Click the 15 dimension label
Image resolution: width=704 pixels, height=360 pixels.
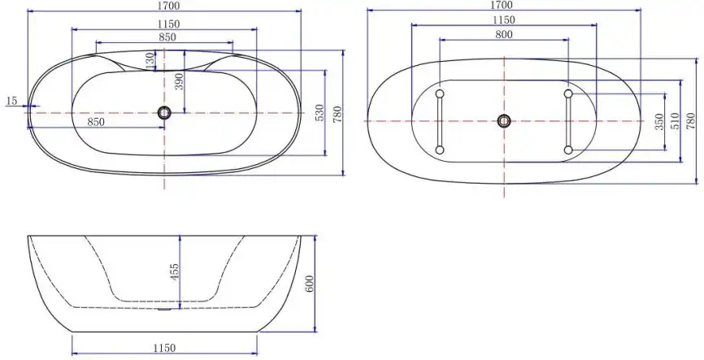pyautogui.click(x=11, y=101)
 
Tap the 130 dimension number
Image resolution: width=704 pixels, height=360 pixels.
pyautogui.click(x=150, y=61)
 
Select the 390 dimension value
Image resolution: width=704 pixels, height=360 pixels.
pyautogui.click(x=180, y=81)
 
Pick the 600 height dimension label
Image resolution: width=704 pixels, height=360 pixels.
pyautogui.click(x=309, y=284)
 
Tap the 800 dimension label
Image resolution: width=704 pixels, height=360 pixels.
pyautogui.click(x=503, y=34)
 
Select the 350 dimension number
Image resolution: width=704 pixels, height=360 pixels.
pyautogui.click(x=659, y=123)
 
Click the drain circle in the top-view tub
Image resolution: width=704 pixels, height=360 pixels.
pyautogui.click(x=164, y=113)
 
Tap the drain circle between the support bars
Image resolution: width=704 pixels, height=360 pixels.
pyautogui.click(x=504, y=121)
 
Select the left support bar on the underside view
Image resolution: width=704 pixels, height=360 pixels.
pyautogui.click(x=440, y=120)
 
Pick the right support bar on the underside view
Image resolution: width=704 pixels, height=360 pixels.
pyautogui.click(x=568, y=121)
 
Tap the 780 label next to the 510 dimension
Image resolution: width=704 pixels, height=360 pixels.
pyautogui.click(x=691, y=121)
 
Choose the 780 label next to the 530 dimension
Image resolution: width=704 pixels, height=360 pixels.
pyautogui.click(x=337, y=114)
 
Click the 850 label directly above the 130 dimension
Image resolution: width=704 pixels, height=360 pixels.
pyautogui.click(x=167, y=37)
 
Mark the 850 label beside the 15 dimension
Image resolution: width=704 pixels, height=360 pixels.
pyautogui.click(x=96, y=122)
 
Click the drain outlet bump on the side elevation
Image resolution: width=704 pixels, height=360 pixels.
pyautogui.click(x=164, y=309)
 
